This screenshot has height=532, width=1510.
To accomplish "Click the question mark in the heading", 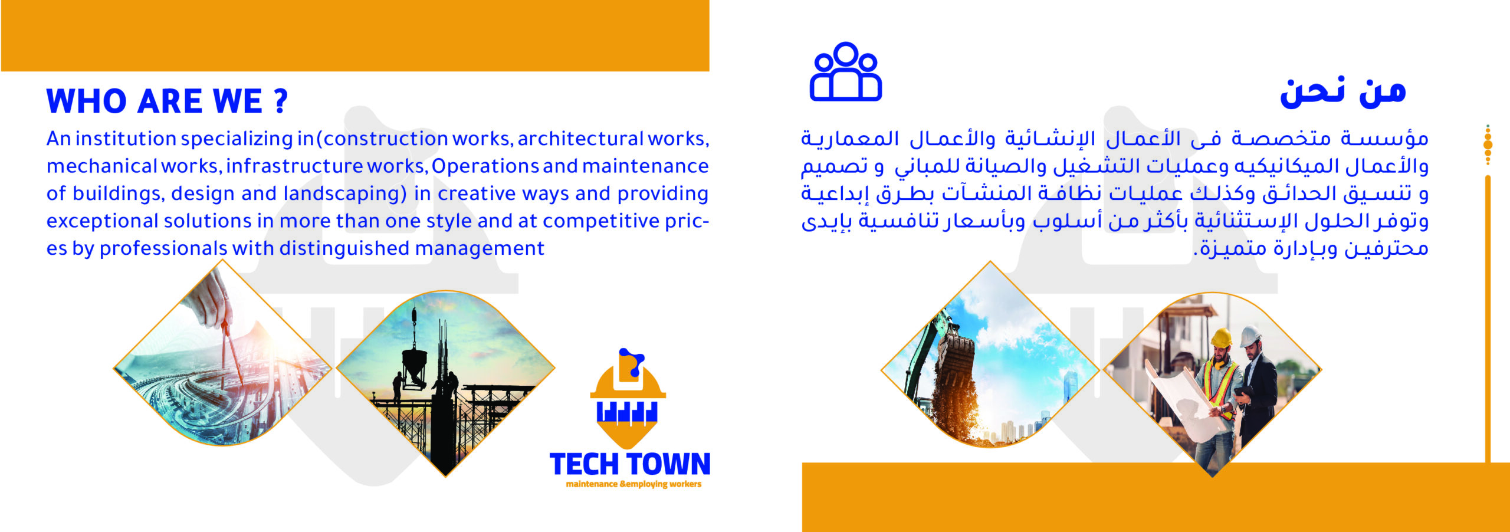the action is click(x=281, y=101).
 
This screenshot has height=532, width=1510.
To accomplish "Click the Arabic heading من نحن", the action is click(x=1343, y=93).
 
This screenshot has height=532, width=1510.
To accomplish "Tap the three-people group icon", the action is click(x=845, y=71).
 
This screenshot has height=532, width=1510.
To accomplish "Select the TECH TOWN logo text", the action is click(x=630, y=464).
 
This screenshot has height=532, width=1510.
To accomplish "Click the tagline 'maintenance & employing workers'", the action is click(x=633, y=484).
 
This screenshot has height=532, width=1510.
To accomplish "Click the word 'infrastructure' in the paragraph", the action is click(x=294, y=166).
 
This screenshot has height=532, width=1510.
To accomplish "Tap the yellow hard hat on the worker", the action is click(x=1221, y=338).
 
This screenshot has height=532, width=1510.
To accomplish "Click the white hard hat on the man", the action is click(x=1249, y=336).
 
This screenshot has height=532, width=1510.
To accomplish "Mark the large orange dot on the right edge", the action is click(x=1488, y=145).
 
